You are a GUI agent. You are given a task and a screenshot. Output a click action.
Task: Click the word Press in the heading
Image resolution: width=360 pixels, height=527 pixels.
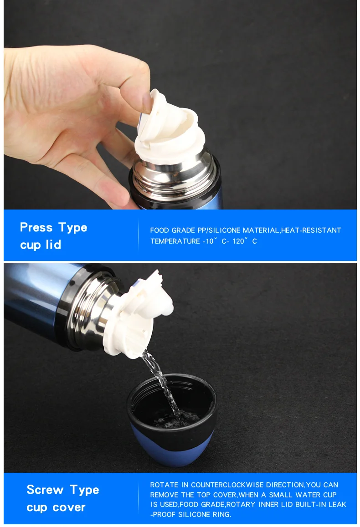(36, 227)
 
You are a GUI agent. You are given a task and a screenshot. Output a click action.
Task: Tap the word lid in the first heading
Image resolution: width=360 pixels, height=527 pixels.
(53, 244)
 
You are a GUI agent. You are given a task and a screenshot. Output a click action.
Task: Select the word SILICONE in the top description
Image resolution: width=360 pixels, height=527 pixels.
(225, 230)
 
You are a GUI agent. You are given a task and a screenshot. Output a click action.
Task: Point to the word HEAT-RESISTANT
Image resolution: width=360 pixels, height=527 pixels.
(311, 230)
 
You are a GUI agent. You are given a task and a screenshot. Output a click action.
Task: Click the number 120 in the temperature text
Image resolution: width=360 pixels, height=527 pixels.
(238, 241)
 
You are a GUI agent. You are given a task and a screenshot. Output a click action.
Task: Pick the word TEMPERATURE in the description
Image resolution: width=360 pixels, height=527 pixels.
(175, 241)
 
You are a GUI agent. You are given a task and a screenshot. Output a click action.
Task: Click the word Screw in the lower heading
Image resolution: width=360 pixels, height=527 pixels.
(45, 490)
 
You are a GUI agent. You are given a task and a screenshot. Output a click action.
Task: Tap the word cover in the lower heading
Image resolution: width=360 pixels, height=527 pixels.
(68, 507)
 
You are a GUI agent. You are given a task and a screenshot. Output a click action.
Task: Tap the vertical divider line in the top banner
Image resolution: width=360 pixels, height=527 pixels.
(138, 235)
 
